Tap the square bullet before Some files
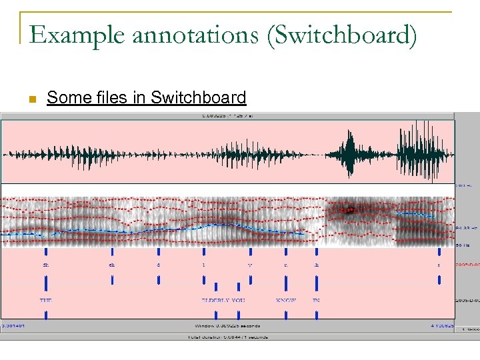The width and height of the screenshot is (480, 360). (31, 99)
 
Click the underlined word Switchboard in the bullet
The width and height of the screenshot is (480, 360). (199, 98)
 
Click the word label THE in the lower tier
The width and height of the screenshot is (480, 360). (45, 301)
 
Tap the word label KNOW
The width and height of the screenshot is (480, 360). (286, 301)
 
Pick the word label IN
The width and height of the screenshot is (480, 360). (316, 301)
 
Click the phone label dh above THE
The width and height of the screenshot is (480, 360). (45, 265)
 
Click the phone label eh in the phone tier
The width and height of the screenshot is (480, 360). (112, 265)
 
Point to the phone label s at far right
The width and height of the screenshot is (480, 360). (439, 265)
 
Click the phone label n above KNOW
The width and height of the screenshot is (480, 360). (285, 265)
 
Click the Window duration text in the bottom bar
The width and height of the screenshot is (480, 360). (227, 326)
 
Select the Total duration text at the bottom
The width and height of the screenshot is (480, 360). (227, 337)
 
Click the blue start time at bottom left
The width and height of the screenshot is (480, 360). (13, 326)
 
